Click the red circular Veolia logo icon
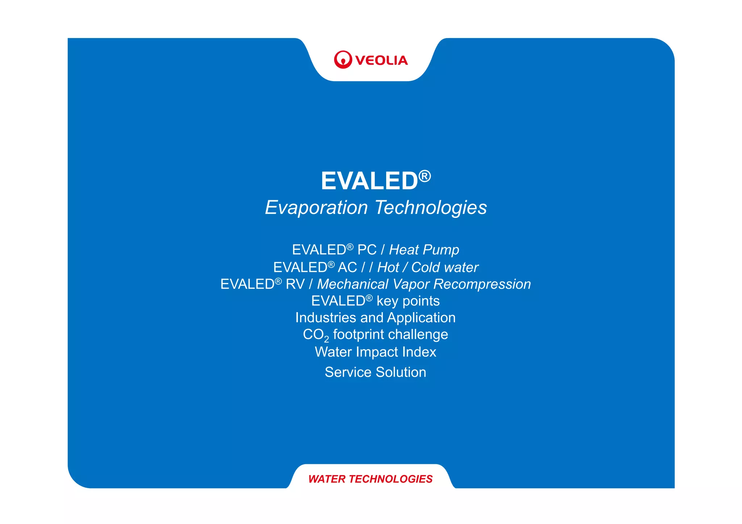(x=343, y=60)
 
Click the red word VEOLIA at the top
(x=382, y=60)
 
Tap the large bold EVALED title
(x=370, y=181)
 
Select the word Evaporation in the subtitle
(x=316, y=207)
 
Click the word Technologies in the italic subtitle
(x=431, y=207)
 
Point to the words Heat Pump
(x=424, y=250)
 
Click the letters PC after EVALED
(x=367, y=250)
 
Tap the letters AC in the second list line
(x=347, y=267)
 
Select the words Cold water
(x=445, y=267)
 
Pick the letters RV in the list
(x=295, y=284)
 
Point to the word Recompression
(x=482, y=284)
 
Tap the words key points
(x=408, y=301)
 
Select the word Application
(x=421, y=318)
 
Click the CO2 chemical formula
(x=316, y=335)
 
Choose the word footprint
(x=359, y=335)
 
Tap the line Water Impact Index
(x=375, y=352)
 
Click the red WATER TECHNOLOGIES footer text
(x=370, y=479)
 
